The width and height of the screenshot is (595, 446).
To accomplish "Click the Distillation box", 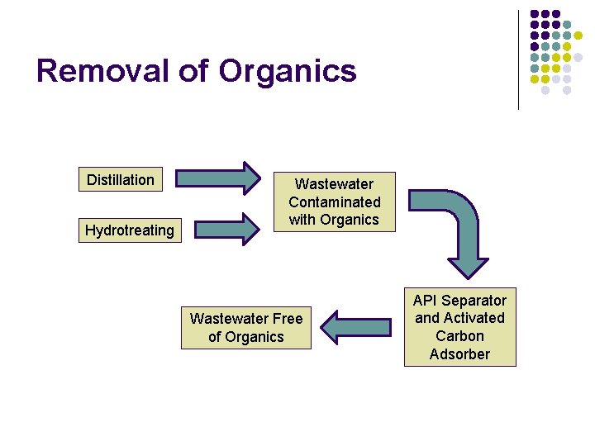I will (x=121, y=179).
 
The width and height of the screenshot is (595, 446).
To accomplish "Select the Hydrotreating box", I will (x=130, y=230).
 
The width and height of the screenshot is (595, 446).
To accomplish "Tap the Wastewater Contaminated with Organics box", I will (x=334, y=202).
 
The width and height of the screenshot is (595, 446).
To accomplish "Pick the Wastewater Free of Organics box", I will (x=246, y=327).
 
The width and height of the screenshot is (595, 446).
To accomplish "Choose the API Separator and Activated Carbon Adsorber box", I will (x=459, y=327).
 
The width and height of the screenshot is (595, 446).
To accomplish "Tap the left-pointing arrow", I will (x=355, y=327).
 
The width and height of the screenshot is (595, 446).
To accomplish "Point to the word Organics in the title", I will (x=288, y=71).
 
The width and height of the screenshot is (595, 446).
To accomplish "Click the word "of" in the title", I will (x=194, y=71).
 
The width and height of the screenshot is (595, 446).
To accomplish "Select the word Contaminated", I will (x=335, y=202).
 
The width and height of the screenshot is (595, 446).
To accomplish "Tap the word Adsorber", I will (x=459, y=354).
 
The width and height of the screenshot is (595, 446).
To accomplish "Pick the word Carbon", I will (x=459, y=336).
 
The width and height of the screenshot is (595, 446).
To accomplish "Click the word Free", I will (x=284, y=318).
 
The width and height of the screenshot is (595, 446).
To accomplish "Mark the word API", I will (x=426, y=300).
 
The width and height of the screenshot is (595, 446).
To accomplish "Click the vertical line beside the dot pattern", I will (x=518, y=59).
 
